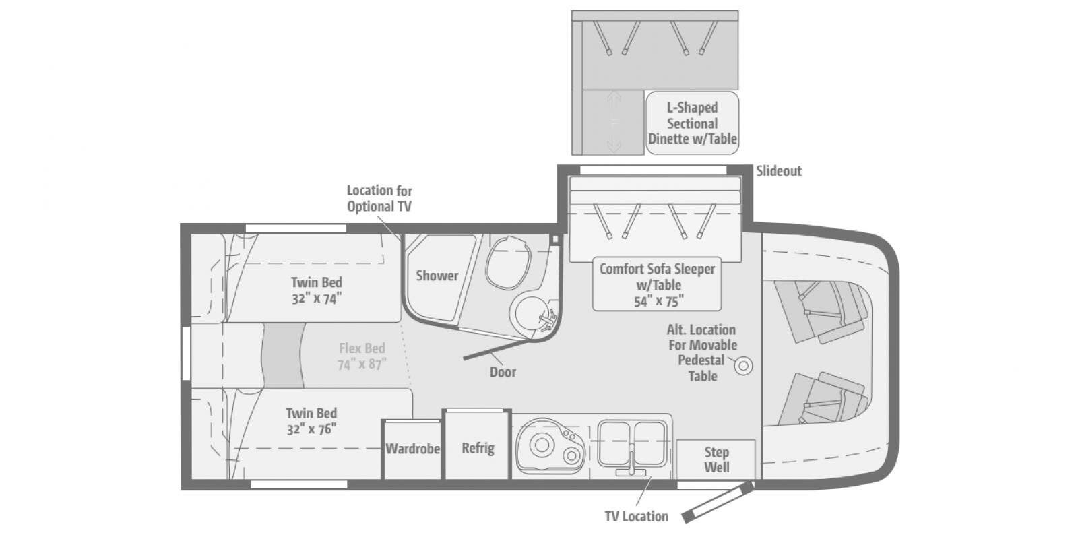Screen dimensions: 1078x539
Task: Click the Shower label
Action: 437,276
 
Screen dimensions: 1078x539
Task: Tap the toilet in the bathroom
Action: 508,263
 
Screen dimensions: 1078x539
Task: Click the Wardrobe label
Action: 412,449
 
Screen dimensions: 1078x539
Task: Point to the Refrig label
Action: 478,449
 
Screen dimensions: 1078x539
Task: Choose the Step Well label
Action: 717,459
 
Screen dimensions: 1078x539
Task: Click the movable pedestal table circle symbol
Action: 744,366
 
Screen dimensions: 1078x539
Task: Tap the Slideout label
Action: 779,171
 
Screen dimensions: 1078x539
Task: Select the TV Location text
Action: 637,516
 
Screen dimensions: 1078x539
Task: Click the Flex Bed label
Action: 362,348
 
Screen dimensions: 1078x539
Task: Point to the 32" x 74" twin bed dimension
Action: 317,299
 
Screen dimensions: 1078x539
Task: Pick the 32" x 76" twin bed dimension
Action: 311,429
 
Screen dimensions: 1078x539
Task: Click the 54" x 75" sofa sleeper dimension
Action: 659,302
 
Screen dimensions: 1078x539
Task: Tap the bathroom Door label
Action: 503,372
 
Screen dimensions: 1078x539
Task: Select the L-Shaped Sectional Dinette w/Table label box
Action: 693,123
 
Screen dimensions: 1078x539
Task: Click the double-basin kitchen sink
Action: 632,444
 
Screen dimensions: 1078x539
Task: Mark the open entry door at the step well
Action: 718,503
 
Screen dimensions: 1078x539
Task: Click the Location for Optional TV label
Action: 379,199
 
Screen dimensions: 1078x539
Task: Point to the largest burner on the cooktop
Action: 542,445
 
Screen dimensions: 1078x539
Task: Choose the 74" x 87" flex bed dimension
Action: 362,364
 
